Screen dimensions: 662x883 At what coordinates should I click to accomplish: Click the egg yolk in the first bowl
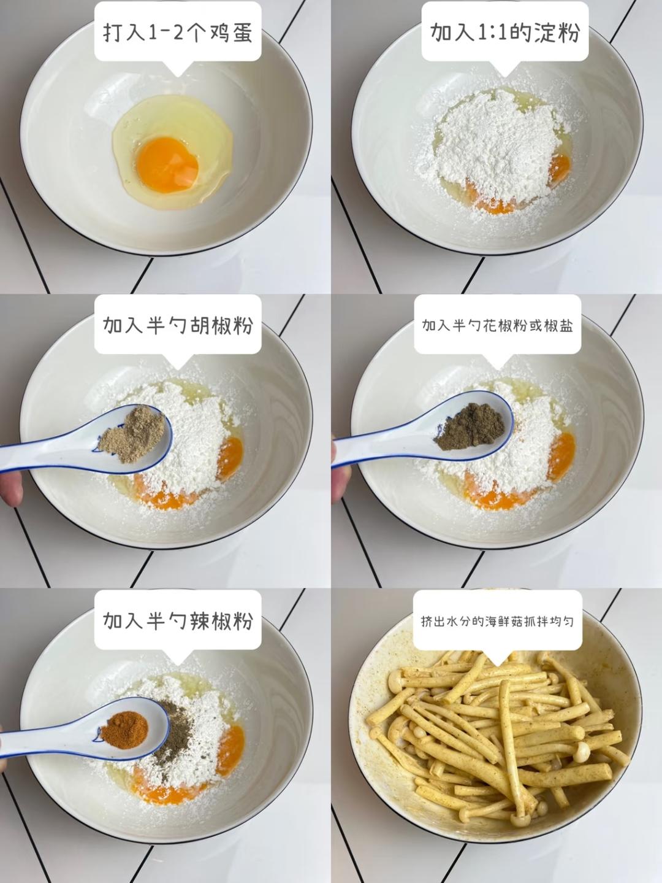tap(167, 164)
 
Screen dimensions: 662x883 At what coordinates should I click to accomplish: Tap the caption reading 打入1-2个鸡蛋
tap(178, 32)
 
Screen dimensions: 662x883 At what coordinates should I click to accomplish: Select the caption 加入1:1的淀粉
tap(505, 32)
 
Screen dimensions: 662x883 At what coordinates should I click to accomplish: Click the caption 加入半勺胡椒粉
tap(178, 325)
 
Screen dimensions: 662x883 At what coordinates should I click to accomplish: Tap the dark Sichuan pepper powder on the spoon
tap(470, 426)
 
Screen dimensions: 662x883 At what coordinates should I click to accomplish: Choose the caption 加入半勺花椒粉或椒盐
tap(497, 325)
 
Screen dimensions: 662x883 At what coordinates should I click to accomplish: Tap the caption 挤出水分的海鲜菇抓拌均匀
tap(497, 621)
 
